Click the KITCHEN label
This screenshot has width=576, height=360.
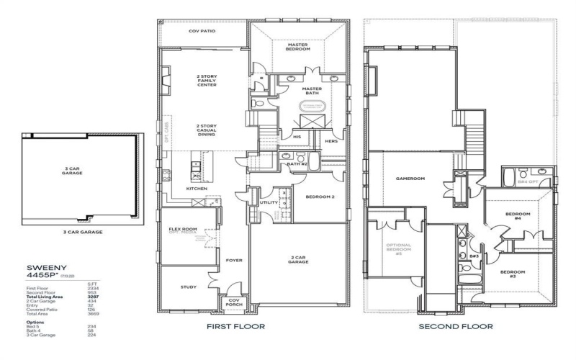point(197,189)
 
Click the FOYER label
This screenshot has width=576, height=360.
point(234,260)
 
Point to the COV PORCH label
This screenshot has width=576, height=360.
point(234,303)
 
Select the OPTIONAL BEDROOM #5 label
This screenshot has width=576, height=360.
point(398,248)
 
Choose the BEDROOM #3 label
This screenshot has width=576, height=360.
point(514,274)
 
